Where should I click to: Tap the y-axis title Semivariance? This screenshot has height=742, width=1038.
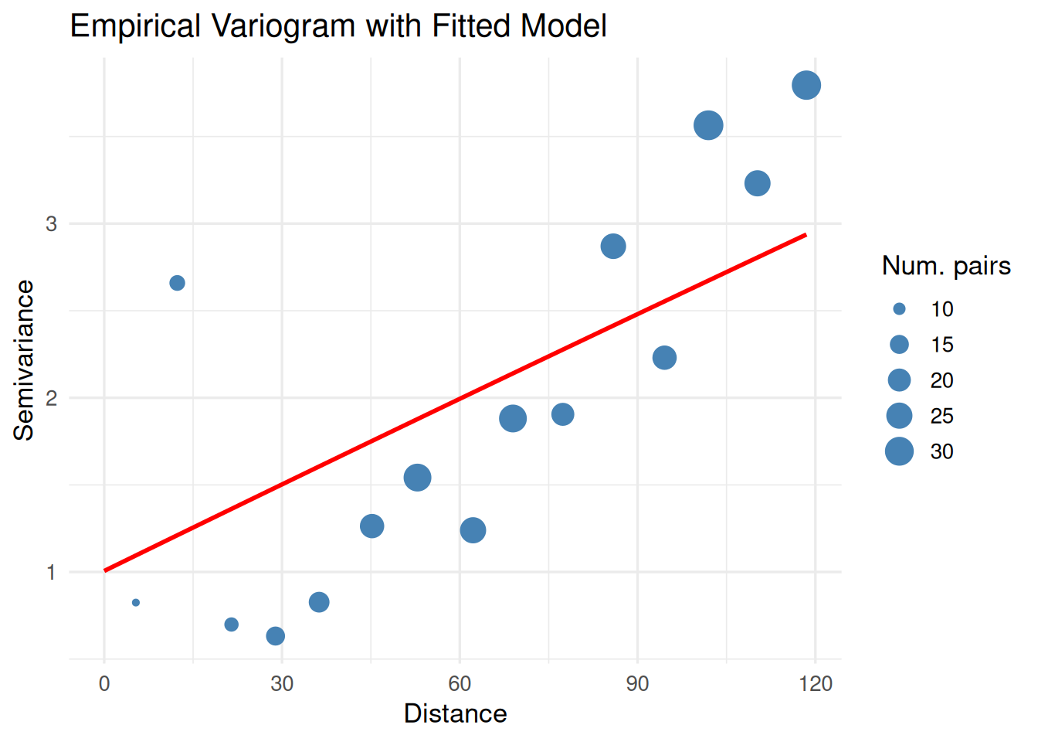pos(24,360)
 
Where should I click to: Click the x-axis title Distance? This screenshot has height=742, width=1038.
pos(455,713)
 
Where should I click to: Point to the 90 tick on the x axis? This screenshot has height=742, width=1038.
pos(637,683)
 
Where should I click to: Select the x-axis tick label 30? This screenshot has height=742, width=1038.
pos(282,683)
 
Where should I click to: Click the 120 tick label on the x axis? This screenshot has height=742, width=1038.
pos(816,683)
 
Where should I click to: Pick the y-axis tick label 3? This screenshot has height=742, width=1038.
pos(52,224)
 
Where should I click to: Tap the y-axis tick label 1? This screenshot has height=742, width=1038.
pos(52,573)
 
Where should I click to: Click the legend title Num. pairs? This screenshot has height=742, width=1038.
pos(946,266)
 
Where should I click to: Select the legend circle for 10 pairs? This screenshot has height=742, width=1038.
pos(899,309)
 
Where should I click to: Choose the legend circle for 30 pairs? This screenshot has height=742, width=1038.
pos(899,451)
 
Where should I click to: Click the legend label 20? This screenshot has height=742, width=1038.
pos(941,380)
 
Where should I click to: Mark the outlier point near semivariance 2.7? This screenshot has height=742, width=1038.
pos(177,283)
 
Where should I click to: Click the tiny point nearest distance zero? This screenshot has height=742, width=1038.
pos(136,602)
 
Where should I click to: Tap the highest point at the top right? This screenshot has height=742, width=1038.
pos(806,85)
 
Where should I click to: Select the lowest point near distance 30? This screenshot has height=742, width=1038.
pos(276,636)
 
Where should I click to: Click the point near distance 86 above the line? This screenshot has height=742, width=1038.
pos(613,247)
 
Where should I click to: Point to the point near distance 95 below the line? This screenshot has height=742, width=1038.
pos(664,358)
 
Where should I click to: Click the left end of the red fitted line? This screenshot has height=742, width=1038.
pos(106,570)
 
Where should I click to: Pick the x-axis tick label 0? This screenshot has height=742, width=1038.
pos(104,683)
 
